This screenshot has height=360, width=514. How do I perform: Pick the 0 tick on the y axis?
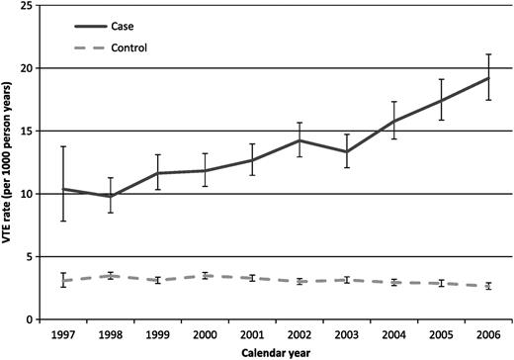click(x=35, y=319)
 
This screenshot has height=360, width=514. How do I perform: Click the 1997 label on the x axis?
click(x=64, y=333)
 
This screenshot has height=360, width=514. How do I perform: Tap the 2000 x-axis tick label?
click(x=205, y=333)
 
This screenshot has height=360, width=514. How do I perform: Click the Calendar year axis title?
click(x=275, y=352)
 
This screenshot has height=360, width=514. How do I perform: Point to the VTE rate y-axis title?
click(x=9, y=163)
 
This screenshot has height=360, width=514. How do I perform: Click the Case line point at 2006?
click(x=487, y=78)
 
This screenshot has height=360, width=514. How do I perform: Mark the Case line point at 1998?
click(x=111, y=196)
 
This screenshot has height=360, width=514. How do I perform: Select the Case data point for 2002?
click(x=299, y=140)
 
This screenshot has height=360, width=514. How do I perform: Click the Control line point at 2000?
click(x=205, y=276)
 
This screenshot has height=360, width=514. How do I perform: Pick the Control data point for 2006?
click(x=487, y=286)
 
